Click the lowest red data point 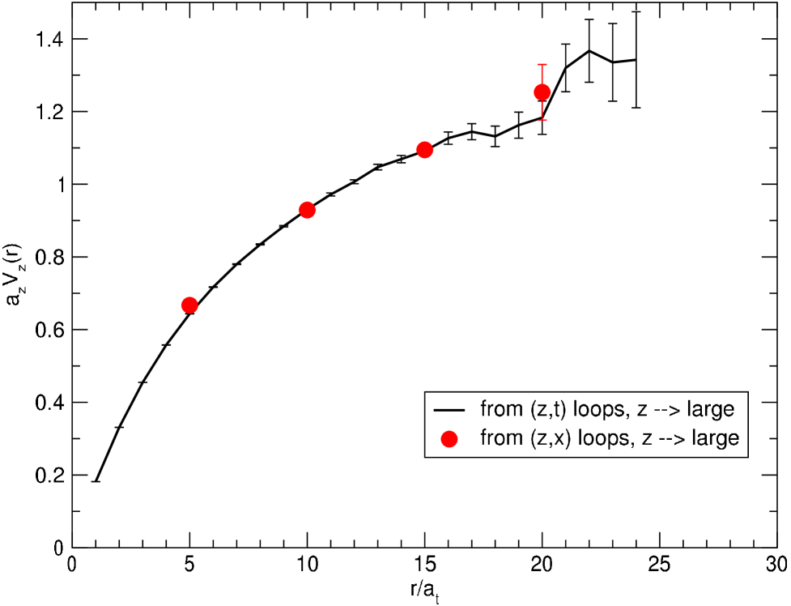coord(189,305)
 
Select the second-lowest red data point coord(307,210)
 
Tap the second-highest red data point coord(424,150)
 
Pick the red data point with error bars coord(542,92)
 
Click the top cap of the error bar coord(542,64)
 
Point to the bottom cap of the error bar coord(542,120)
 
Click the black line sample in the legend coord(449,409)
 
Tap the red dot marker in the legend coord(449,438)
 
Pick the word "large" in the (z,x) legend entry coord(713,439)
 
